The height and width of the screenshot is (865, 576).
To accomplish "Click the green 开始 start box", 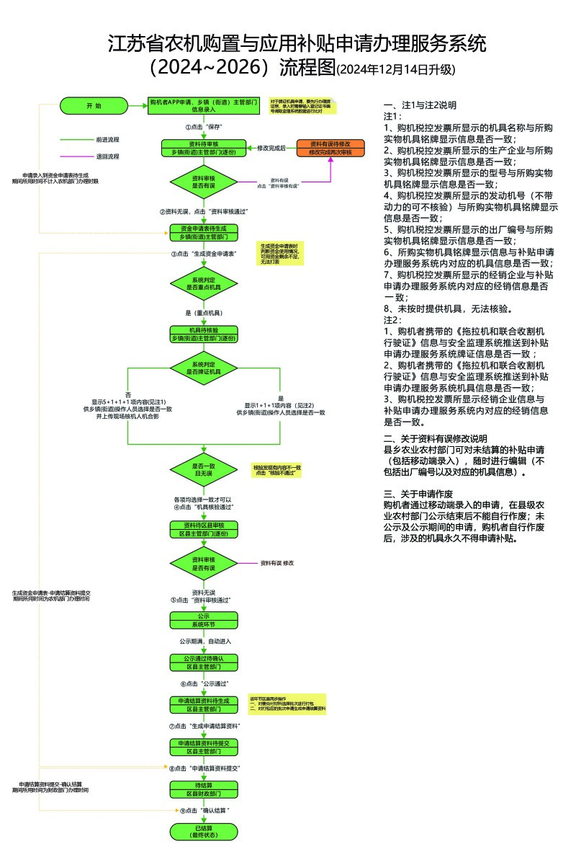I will pyautogui.click(x=94, y=106).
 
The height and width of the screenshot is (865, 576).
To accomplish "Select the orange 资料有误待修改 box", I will pyautogui.click(x=331, y=148).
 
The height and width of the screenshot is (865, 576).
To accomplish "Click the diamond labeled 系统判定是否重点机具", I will pyautogui.click(x=204, y=282).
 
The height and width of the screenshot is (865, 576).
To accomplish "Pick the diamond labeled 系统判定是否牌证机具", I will pyautogui.click(x=204, y=368).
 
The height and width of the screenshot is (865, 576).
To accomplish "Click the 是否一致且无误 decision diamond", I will pyautogui.click(x=204, y=471).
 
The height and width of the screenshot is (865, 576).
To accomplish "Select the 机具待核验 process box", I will pyautogui.click(x=204, y=334).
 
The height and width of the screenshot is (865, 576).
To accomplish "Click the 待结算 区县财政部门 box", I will pyautogui.click(x=204, y=789).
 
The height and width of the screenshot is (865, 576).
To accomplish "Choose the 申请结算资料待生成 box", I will pyautogui.click(x=204, y=704).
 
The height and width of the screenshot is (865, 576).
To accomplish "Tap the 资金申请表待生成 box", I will pyautogui.click(x=204, y=233).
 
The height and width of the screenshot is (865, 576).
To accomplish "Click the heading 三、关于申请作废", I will pyautogui.click(x=418, y=494).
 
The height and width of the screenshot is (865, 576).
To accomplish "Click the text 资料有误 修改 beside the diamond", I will pyautogui.click(x=277, y=562).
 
